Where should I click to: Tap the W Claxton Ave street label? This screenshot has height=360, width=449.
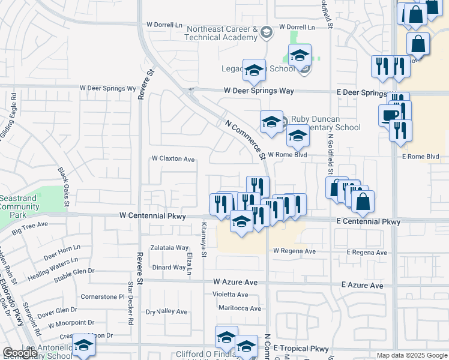[173, 159]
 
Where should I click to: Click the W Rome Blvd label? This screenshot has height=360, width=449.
[287, 154]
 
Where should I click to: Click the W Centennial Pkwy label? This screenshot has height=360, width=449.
[152, 215]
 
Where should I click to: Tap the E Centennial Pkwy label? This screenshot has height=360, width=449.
[368, 221]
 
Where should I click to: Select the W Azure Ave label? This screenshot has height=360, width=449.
[235, 282]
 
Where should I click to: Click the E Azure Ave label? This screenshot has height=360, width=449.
[362, 286]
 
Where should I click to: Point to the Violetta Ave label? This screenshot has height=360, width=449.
[231, 295]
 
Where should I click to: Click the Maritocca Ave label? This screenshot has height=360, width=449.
[240, 308]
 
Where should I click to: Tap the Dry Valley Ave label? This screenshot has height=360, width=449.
[166, 312]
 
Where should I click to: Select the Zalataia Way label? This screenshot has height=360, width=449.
[170, 247]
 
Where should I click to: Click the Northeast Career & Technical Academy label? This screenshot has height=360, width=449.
[222, 33]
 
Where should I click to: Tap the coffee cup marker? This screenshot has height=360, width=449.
[389, 115]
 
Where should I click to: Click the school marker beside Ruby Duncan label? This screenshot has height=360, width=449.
[271, 122]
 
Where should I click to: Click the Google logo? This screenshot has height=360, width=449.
[20, 353]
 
